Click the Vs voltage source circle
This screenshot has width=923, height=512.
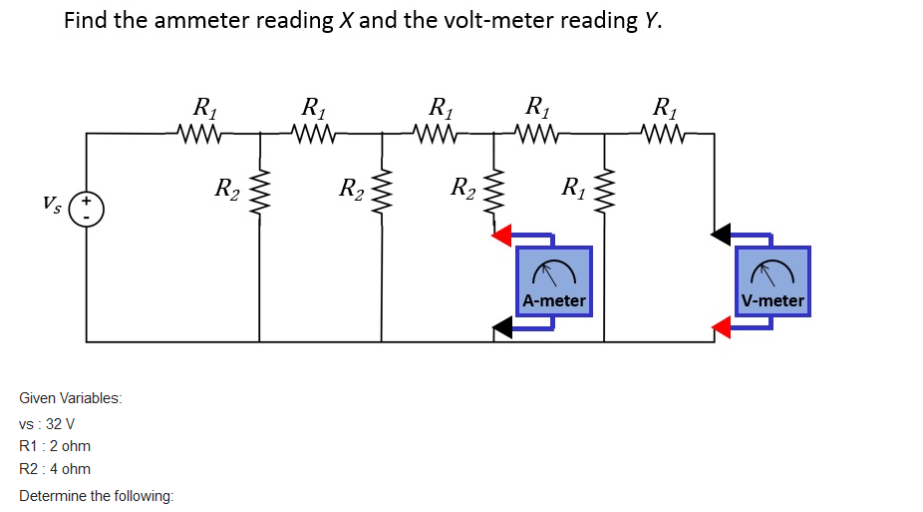pos(87,209)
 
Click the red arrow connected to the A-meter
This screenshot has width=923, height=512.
pos(503,236)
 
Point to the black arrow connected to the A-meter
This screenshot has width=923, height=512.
pos(505,326)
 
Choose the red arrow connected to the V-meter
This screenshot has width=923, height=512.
pos(723,326)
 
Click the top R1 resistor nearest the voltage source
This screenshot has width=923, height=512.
pos(201,131)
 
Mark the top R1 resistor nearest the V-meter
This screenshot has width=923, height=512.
pos(662,131)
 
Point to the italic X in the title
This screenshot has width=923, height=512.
pos(346,21)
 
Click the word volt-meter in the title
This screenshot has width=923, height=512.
pos(489,21)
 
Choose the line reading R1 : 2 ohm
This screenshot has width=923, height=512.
pos(55,446)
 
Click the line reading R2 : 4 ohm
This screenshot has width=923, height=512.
pos(55,469)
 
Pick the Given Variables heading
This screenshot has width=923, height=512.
pos(71,398)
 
